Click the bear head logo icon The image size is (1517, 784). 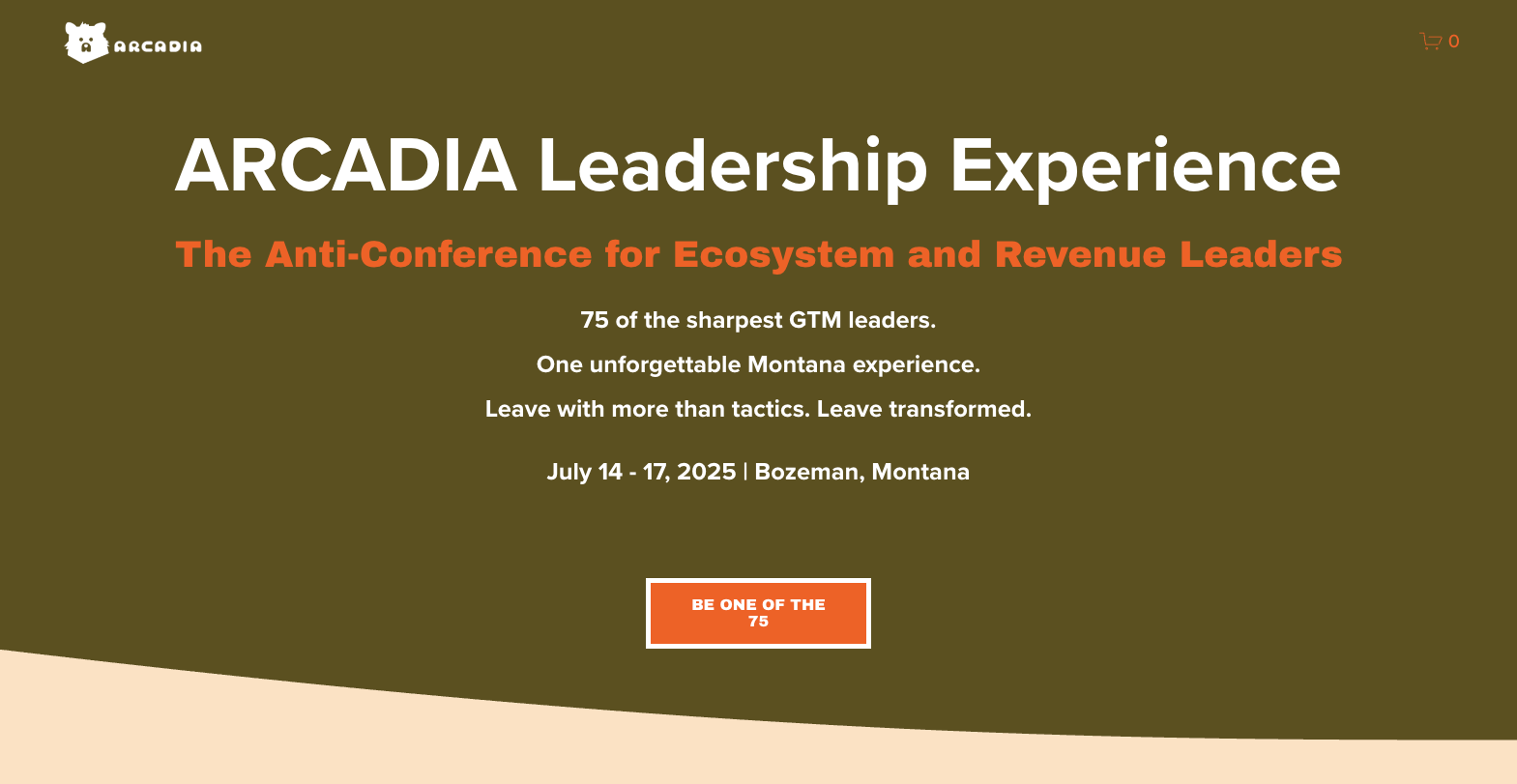[86, 43]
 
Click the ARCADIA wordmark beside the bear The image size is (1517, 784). [158, 46]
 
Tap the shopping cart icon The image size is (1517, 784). [1430, 41]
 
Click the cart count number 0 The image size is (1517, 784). [1453, 42]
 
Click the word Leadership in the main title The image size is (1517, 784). [732, 166]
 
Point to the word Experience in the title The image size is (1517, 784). [1145, 166]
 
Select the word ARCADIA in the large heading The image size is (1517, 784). [346, 166]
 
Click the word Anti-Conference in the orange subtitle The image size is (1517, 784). [428, 254]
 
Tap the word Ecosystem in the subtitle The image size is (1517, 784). [783, 254]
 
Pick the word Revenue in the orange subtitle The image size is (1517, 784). [1080, 254]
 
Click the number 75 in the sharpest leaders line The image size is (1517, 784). [595, 320]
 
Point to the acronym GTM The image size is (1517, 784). [815, 320]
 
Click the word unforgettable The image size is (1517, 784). [665, 364]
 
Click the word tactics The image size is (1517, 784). [770, 409]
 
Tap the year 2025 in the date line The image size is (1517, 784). [707, 472]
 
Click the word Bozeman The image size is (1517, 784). [807, 472]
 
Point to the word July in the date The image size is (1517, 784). [569, 472]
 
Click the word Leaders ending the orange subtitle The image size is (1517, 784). [1261, 254]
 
